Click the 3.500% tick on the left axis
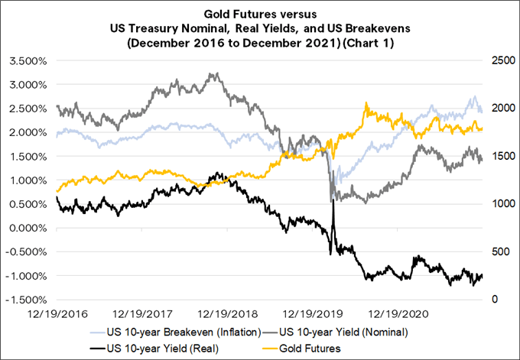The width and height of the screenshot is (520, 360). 28,59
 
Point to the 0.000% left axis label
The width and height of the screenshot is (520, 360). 28,228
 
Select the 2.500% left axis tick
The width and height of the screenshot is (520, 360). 28,107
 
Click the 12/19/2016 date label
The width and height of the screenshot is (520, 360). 55,313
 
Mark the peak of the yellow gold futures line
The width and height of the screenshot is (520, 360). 368,104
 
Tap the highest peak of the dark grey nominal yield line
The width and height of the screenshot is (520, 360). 210,74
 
